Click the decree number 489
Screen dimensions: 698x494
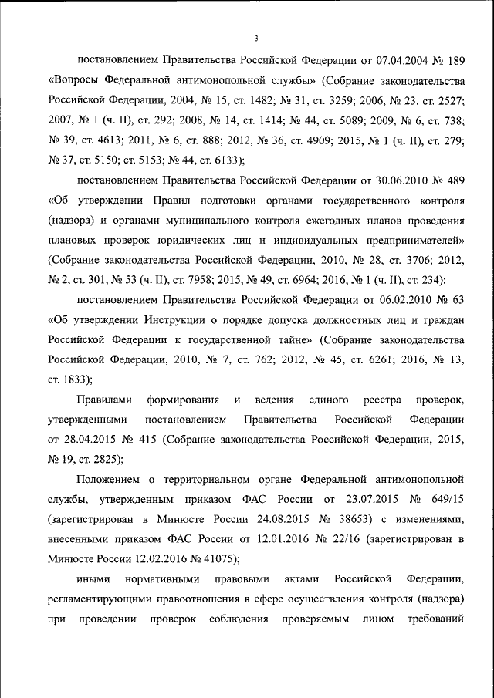(453, 180)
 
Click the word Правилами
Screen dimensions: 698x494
(105, 401)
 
